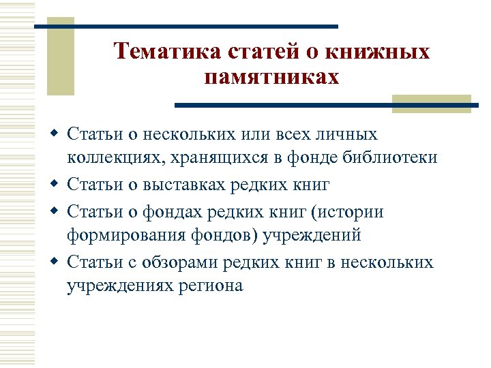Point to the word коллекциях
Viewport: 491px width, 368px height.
coord(112,157)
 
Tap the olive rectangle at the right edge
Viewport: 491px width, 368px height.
coord(431,104)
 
